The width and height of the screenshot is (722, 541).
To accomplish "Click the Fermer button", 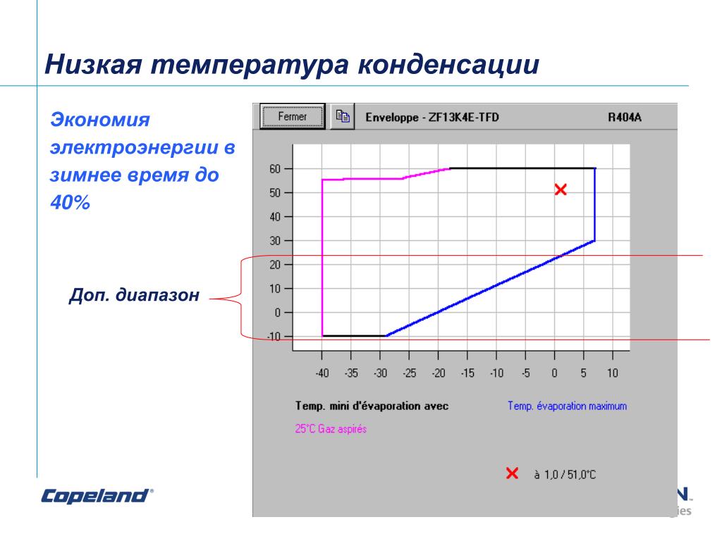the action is coord(293,116).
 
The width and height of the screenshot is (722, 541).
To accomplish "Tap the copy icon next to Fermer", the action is coord(343,116).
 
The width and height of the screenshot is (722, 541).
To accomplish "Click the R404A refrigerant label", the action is coord(625,118).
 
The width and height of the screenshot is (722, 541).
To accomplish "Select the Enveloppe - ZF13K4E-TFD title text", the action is coord(432,118).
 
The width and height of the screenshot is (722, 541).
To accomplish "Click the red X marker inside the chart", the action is coord(561,189).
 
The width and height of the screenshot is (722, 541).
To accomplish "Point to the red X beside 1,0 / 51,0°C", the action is coord(512,473).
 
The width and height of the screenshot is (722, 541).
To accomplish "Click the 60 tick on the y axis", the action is coord(275,169).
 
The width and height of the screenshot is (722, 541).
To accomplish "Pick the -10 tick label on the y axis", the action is coord(274,336).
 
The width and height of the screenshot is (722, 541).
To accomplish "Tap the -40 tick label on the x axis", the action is coord(322,373).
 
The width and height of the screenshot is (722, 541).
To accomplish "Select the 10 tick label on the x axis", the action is coord(613,373).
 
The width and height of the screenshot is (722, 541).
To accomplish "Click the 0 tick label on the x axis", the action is coord(554,373).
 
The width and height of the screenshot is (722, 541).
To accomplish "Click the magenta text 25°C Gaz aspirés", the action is coord(331,429).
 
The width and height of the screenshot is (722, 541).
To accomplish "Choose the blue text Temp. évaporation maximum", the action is coord(567,406).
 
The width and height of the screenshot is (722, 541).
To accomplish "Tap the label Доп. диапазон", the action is coord(134,295).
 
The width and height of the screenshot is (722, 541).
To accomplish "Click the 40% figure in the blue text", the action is coord(70,202).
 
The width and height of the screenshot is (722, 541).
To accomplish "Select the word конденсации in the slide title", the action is coord(448,64).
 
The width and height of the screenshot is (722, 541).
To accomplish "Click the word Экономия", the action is coord(100,120).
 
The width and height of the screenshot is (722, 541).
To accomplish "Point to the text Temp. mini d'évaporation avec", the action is coord(372,406).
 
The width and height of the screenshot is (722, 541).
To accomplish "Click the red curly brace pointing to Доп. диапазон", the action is coord(241,298).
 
